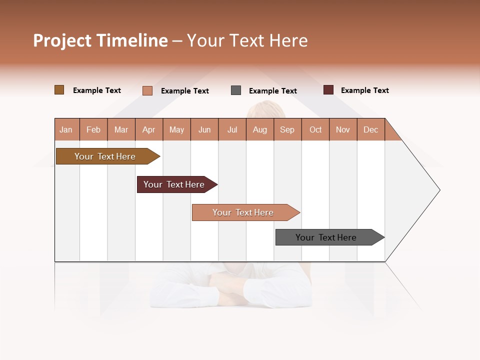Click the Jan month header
[66, 129]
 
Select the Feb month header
[93, 129]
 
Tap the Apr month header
[148, 129]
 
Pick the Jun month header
[204, 129]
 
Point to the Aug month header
[259, 129]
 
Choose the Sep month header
[287, 129]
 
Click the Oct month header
[315, 129]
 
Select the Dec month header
[370, 129]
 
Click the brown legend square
[59, 90]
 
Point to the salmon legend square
[147, 90]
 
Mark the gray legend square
[236, 90]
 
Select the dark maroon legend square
[328, 90]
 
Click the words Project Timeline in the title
[100, 40]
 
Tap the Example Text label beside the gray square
[272, 91]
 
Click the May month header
[176, 129]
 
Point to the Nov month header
[343, 129]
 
